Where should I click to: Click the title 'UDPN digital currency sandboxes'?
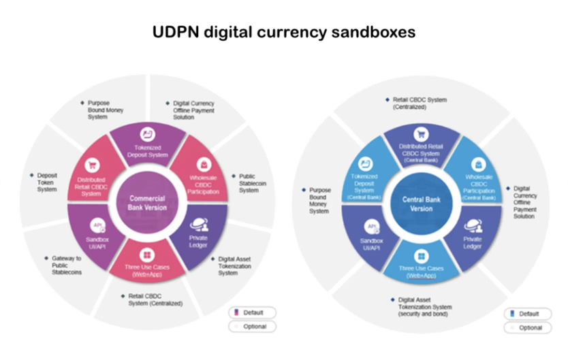coord(283,32)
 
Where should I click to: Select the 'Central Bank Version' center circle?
coord(421,203)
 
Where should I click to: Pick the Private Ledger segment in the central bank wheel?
coord(473,235)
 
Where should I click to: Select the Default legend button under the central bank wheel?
coord(528,314)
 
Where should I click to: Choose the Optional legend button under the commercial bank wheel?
coord(252,327)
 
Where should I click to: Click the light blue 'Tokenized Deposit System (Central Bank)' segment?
coord(366,178)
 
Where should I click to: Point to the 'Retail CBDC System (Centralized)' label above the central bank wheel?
coord(420,103)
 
